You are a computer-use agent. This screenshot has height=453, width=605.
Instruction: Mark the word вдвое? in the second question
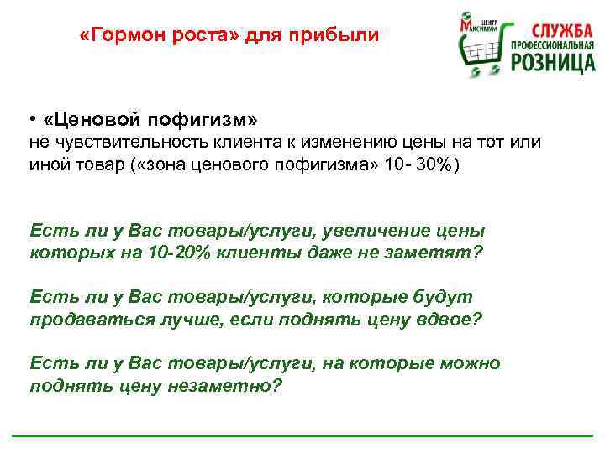[451, 320]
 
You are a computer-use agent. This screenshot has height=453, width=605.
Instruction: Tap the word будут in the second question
[444, 297]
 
